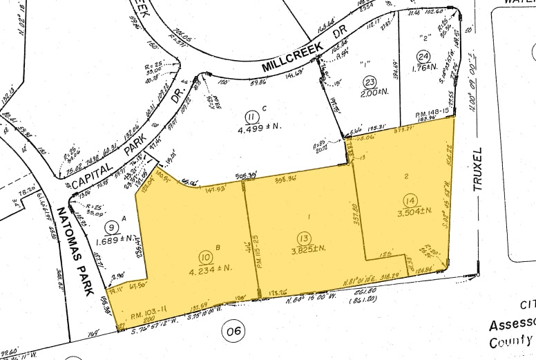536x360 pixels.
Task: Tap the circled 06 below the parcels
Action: (x=235, y=331)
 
